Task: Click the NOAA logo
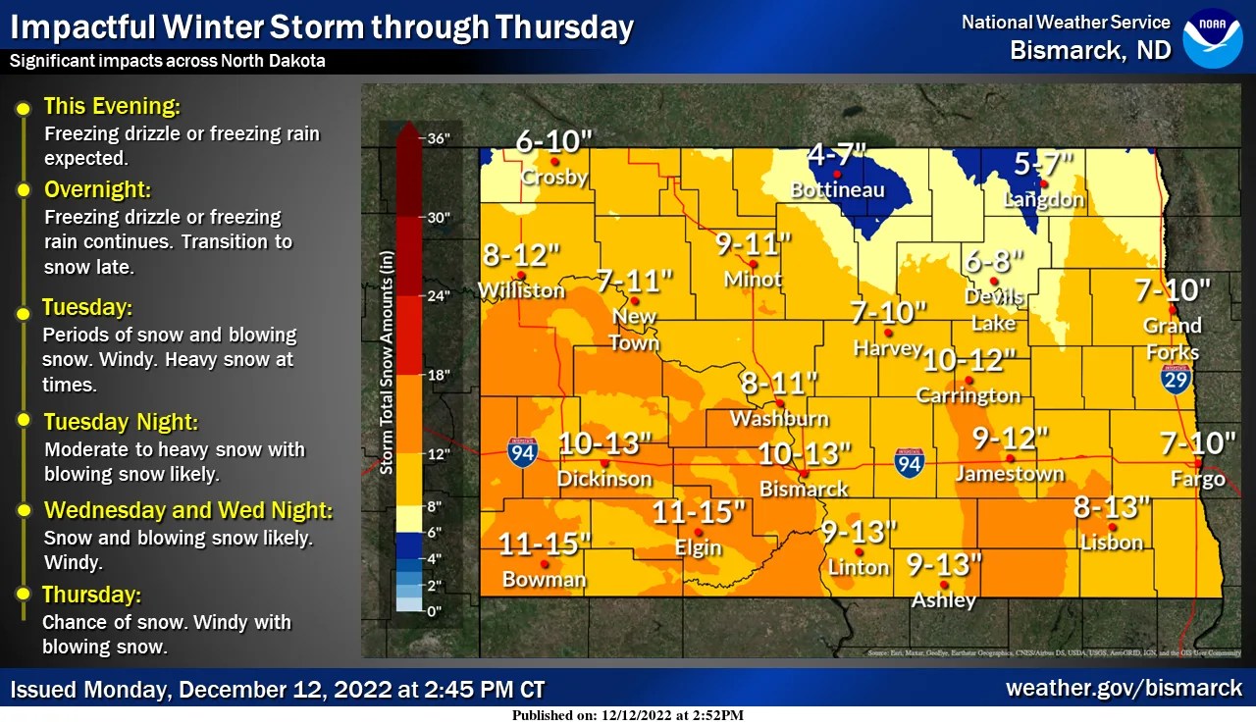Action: (x=1212, y=38)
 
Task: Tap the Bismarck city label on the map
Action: (x=804, y=488)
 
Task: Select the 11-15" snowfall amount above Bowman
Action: (x=545, y=543)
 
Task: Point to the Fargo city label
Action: (x=1198, y=479)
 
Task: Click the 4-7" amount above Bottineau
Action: (x=837, y=155)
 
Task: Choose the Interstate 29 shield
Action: (x=1177, y=379)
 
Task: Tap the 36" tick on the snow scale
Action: (x=439, y=138)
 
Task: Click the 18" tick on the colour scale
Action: (x=439, y=375)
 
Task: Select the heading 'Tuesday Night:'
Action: (x=121, y=422)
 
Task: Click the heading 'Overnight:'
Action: (x=97, y=189)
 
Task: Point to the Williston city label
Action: (x=521, y=290)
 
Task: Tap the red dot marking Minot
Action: (x=754, y=264)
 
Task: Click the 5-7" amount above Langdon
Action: (x=1044, y=163)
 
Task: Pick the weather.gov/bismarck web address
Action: (x=1124, y=688)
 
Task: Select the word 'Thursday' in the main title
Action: (x=564, y=27)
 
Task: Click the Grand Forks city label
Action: (x=1173, y=338)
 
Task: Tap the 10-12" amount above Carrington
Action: (x=968, y=360)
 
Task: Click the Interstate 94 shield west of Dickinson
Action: (x=523, y=452)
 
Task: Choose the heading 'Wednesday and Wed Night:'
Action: (x=188, y=511)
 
